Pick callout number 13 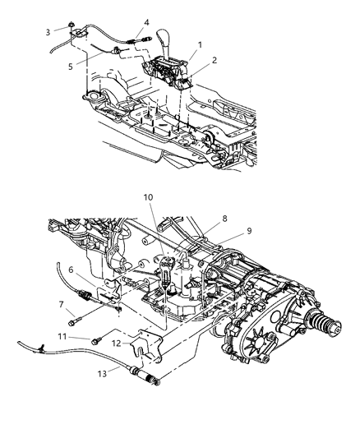pyautogui.click(x=104, y=370)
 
